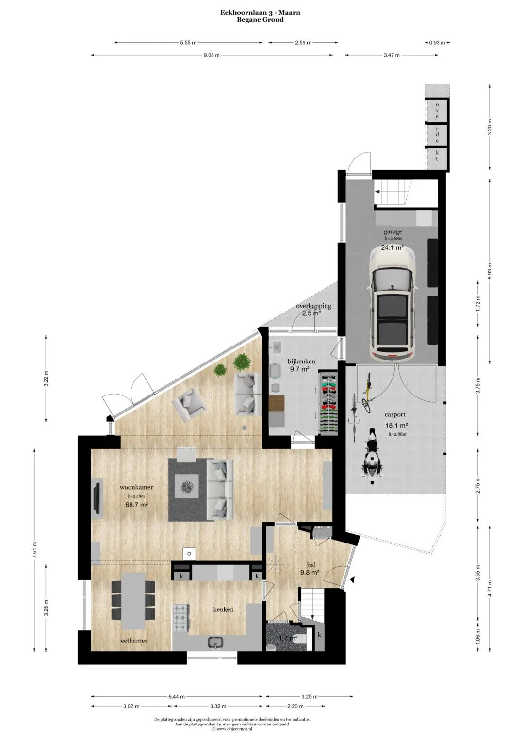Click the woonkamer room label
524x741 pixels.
coord(136,487)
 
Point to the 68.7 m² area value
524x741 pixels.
coord(136,505)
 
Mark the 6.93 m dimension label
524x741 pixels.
coord(490,271)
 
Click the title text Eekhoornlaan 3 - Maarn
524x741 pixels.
coord(261,13)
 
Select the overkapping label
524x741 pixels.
coord(313,306)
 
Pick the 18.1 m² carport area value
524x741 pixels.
coord(395,426)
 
